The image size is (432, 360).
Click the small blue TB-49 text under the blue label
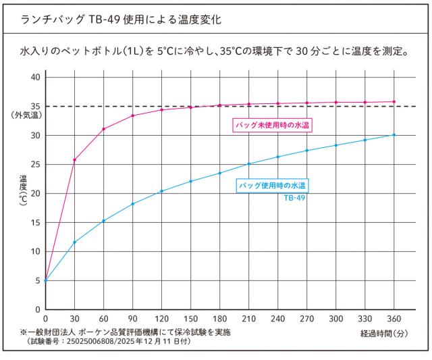click(x=295, y=198)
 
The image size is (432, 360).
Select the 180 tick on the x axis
click(x=219, y=318)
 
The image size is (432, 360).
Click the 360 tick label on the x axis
click(x=394, y=318)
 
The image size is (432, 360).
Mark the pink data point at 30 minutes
click(x=74, y=160)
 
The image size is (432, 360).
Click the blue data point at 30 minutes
click(x=74, y=242)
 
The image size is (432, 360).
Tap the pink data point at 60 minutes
click(x=103, y=129)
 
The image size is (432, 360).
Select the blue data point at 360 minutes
click(x=394, y=135)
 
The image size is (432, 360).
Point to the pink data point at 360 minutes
click(x=394, y=102)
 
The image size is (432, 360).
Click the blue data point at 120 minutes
click(x=161, y=191)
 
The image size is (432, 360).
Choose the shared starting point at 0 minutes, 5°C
click(x=45, y=280)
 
